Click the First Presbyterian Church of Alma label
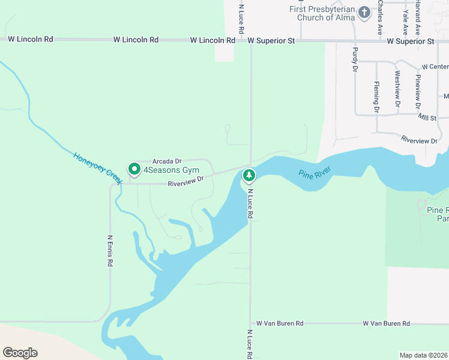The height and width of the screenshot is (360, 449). (321, 13)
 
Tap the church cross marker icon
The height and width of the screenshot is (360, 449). (364, 12)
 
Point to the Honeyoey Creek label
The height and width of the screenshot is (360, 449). (98, 168)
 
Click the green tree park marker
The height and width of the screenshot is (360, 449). (249, 176)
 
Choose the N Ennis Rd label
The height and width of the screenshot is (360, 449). (110, 250)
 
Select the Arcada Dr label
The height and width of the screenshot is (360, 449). (167, 161)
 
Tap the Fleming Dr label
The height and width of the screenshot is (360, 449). (376, 97)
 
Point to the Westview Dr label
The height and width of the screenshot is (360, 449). (397, 89)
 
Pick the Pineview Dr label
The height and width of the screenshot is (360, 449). (418, 91)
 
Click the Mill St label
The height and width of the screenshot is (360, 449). (427, 118)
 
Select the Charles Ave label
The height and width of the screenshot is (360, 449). (381, 17)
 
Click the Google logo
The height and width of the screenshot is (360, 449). (20, 353)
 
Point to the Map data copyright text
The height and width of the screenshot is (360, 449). (424, 355)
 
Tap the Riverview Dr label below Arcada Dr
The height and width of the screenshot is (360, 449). (186, 181)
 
